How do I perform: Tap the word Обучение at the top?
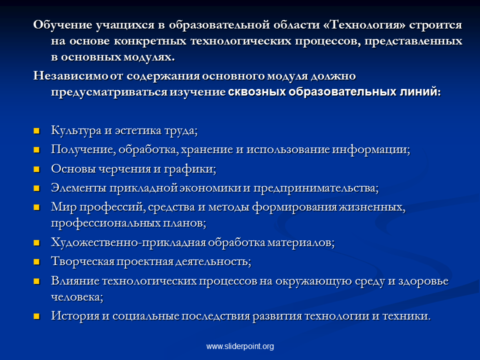coord(63,24)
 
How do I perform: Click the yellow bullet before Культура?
coord(36,131)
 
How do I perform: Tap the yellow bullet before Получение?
coord(36,150)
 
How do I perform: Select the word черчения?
coord(129,168)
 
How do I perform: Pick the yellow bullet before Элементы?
coord(36,188)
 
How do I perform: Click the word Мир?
coord(63,207)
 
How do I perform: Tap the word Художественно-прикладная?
coord(128,242)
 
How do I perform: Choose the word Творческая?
coord(82,261)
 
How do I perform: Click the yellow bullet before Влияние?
coord(36,281)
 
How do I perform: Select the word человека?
coord(77,297)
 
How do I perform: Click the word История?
coord(75,315)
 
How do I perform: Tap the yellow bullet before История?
coord(36,316)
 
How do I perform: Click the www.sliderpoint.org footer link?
coord(240,346)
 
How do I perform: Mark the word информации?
coord(371,149)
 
